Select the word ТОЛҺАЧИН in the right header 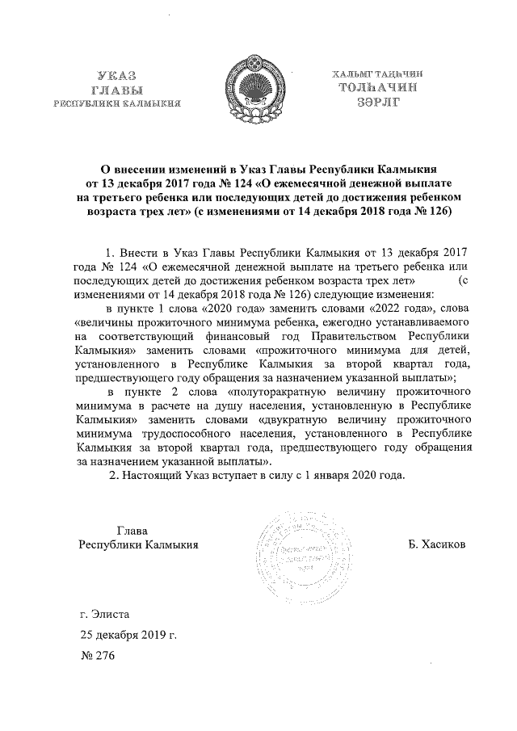click(x=382, y=89)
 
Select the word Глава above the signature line click(x=132, y=531)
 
